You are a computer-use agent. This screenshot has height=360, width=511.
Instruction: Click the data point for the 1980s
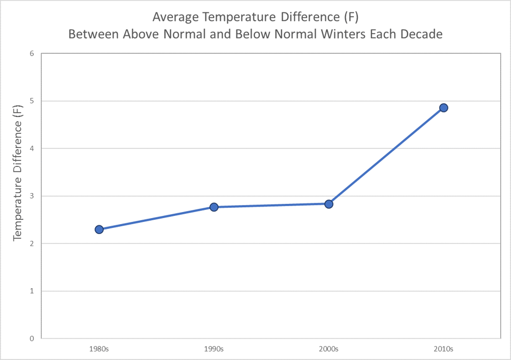pos(99,229)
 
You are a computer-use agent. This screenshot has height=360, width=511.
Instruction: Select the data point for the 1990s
pos(214,207)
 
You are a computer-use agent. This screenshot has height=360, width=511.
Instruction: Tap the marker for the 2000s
pos(328,204)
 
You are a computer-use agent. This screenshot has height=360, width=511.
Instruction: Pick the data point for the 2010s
pos(444,108)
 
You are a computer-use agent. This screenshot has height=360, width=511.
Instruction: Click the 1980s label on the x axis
pos(99,349)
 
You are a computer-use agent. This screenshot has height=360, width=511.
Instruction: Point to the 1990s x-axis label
pos(214,349)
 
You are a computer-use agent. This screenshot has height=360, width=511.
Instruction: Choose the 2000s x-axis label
pos(328,349)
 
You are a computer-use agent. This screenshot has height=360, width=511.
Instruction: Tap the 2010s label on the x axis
pos(444,349)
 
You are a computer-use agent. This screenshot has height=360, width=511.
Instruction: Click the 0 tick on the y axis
pos(32,338)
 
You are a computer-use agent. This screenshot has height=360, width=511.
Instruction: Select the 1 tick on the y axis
pos(32,291)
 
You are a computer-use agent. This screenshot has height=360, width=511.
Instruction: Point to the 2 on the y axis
pos(32,244)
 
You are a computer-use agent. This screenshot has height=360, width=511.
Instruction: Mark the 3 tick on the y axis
pos(32,196)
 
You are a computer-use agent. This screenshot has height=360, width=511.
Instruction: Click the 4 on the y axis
pos(32,148)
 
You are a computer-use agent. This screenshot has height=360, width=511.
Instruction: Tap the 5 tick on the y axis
pos(32,101)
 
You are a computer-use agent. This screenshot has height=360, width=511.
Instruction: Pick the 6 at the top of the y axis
pos(32,54)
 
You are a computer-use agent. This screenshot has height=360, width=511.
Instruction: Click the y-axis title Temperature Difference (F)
pos(18,181)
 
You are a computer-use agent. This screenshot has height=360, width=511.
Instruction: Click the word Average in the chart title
pos(173,17)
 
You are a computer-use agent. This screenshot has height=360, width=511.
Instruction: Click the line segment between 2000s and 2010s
pos(386,156)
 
